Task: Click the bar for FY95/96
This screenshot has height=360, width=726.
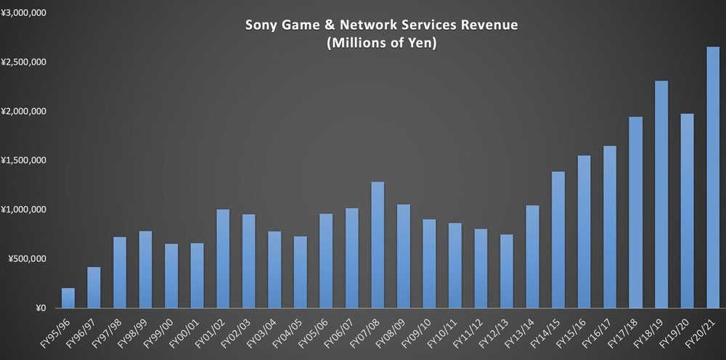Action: coord(68,298)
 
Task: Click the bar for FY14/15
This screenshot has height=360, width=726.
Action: coord(558,240)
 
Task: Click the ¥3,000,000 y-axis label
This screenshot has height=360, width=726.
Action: coord(25,13)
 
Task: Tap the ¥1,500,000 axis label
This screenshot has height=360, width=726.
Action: coord(25,160)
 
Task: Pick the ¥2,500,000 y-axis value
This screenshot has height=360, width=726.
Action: coord(25,62)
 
